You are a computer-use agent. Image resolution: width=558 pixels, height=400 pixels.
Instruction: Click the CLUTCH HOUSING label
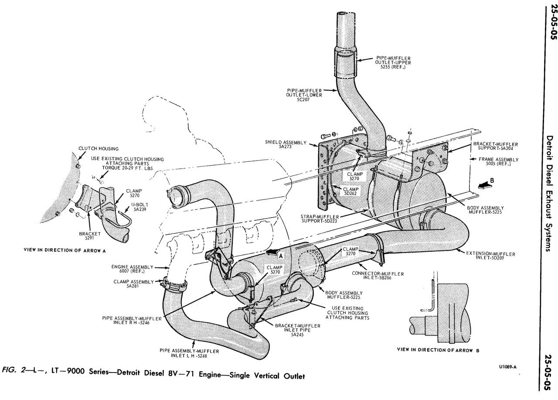pos(92,149)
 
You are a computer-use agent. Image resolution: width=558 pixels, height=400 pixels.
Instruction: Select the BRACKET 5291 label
pos(90,236)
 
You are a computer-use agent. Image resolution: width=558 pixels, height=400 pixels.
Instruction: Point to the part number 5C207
pos(304,100)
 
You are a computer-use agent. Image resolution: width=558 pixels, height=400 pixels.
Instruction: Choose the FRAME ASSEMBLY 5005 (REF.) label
pos(498,161)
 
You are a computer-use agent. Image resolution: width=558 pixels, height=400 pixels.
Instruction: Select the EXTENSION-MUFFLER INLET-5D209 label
pos(490,256)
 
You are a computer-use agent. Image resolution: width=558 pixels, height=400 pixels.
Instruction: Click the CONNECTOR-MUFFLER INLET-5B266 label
pos(378,276)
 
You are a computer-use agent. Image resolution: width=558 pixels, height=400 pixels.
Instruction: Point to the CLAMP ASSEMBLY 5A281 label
pos(134,284)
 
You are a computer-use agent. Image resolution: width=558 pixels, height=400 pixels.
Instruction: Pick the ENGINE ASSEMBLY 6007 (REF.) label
pos(139,269)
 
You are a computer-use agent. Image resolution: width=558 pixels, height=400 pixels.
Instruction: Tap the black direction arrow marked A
pos(273,252)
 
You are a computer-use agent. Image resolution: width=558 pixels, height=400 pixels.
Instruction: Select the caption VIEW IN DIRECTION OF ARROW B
pos(440,350)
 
